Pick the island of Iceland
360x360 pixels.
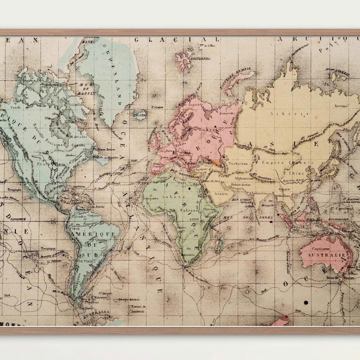coord(140,115)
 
